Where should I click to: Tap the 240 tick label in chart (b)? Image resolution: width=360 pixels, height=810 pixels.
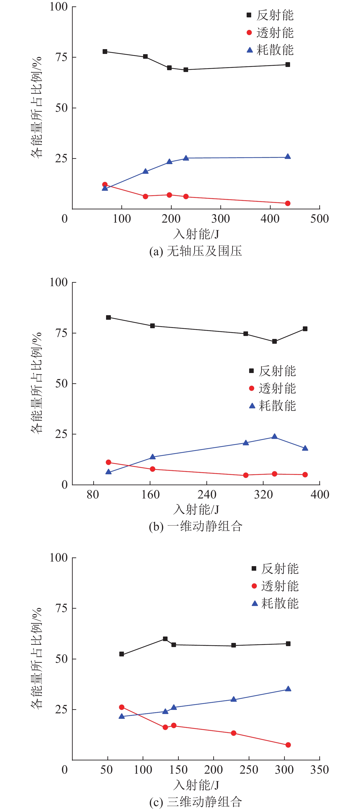(207, 495)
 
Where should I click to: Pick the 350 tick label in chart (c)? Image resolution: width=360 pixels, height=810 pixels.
(320, 770)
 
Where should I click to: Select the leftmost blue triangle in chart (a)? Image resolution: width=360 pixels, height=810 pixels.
(105, 188)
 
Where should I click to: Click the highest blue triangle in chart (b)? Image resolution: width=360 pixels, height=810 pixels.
(275, 437)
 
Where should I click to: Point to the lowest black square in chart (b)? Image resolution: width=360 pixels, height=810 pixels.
(275, 341)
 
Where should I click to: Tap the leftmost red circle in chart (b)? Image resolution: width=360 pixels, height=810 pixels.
(109, 462)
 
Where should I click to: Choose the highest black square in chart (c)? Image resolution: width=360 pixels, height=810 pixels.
(165, 639)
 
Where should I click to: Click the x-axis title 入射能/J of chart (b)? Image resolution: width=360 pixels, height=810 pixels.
(196, 509)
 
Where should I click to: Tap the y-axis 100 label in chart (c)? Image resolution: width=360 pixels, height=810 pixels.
(59, 557)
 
